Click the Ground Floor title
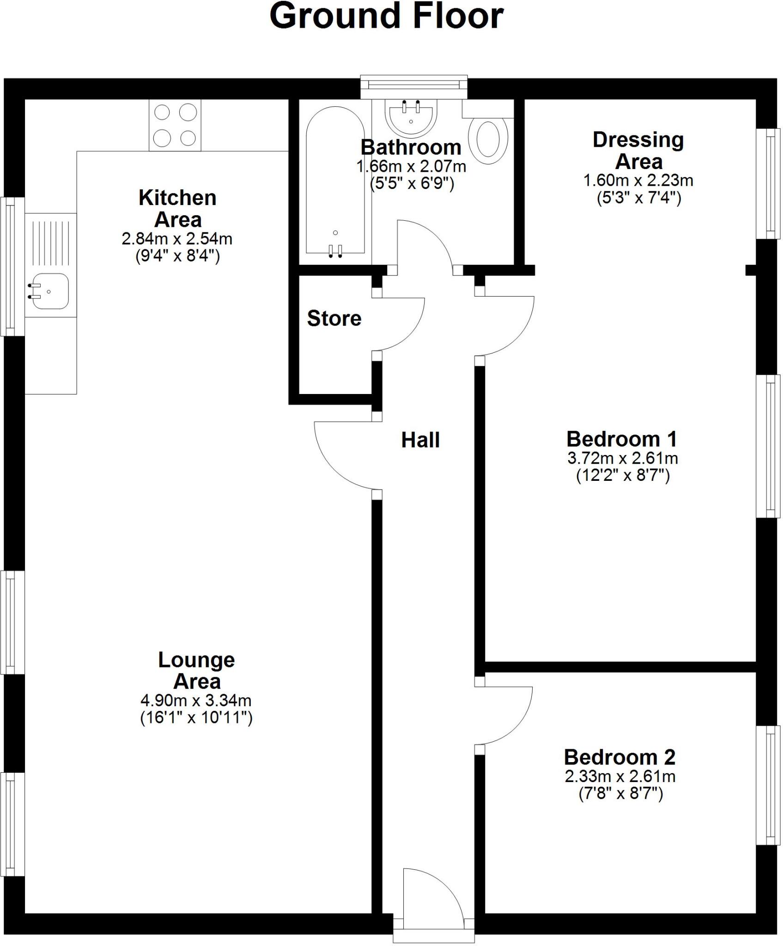tap(386, 17)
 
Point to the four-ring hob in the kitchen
tap(175, 125)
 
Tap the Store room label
tap(334, 318)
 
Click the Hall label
tap(420, 440)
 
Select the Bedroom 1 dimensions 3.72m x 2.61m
tap(622, 458)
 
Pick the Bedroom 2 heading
tap(619, 757)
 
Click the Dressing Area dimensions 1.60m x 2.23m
tap(638, 180)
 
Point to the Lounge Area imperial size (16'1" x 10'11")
tap(196, 718)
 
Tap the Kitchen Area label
tap(177, 208)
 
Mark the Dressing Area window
tap(768, 183)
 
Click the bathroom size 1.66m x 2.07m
tap(411, 166)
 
